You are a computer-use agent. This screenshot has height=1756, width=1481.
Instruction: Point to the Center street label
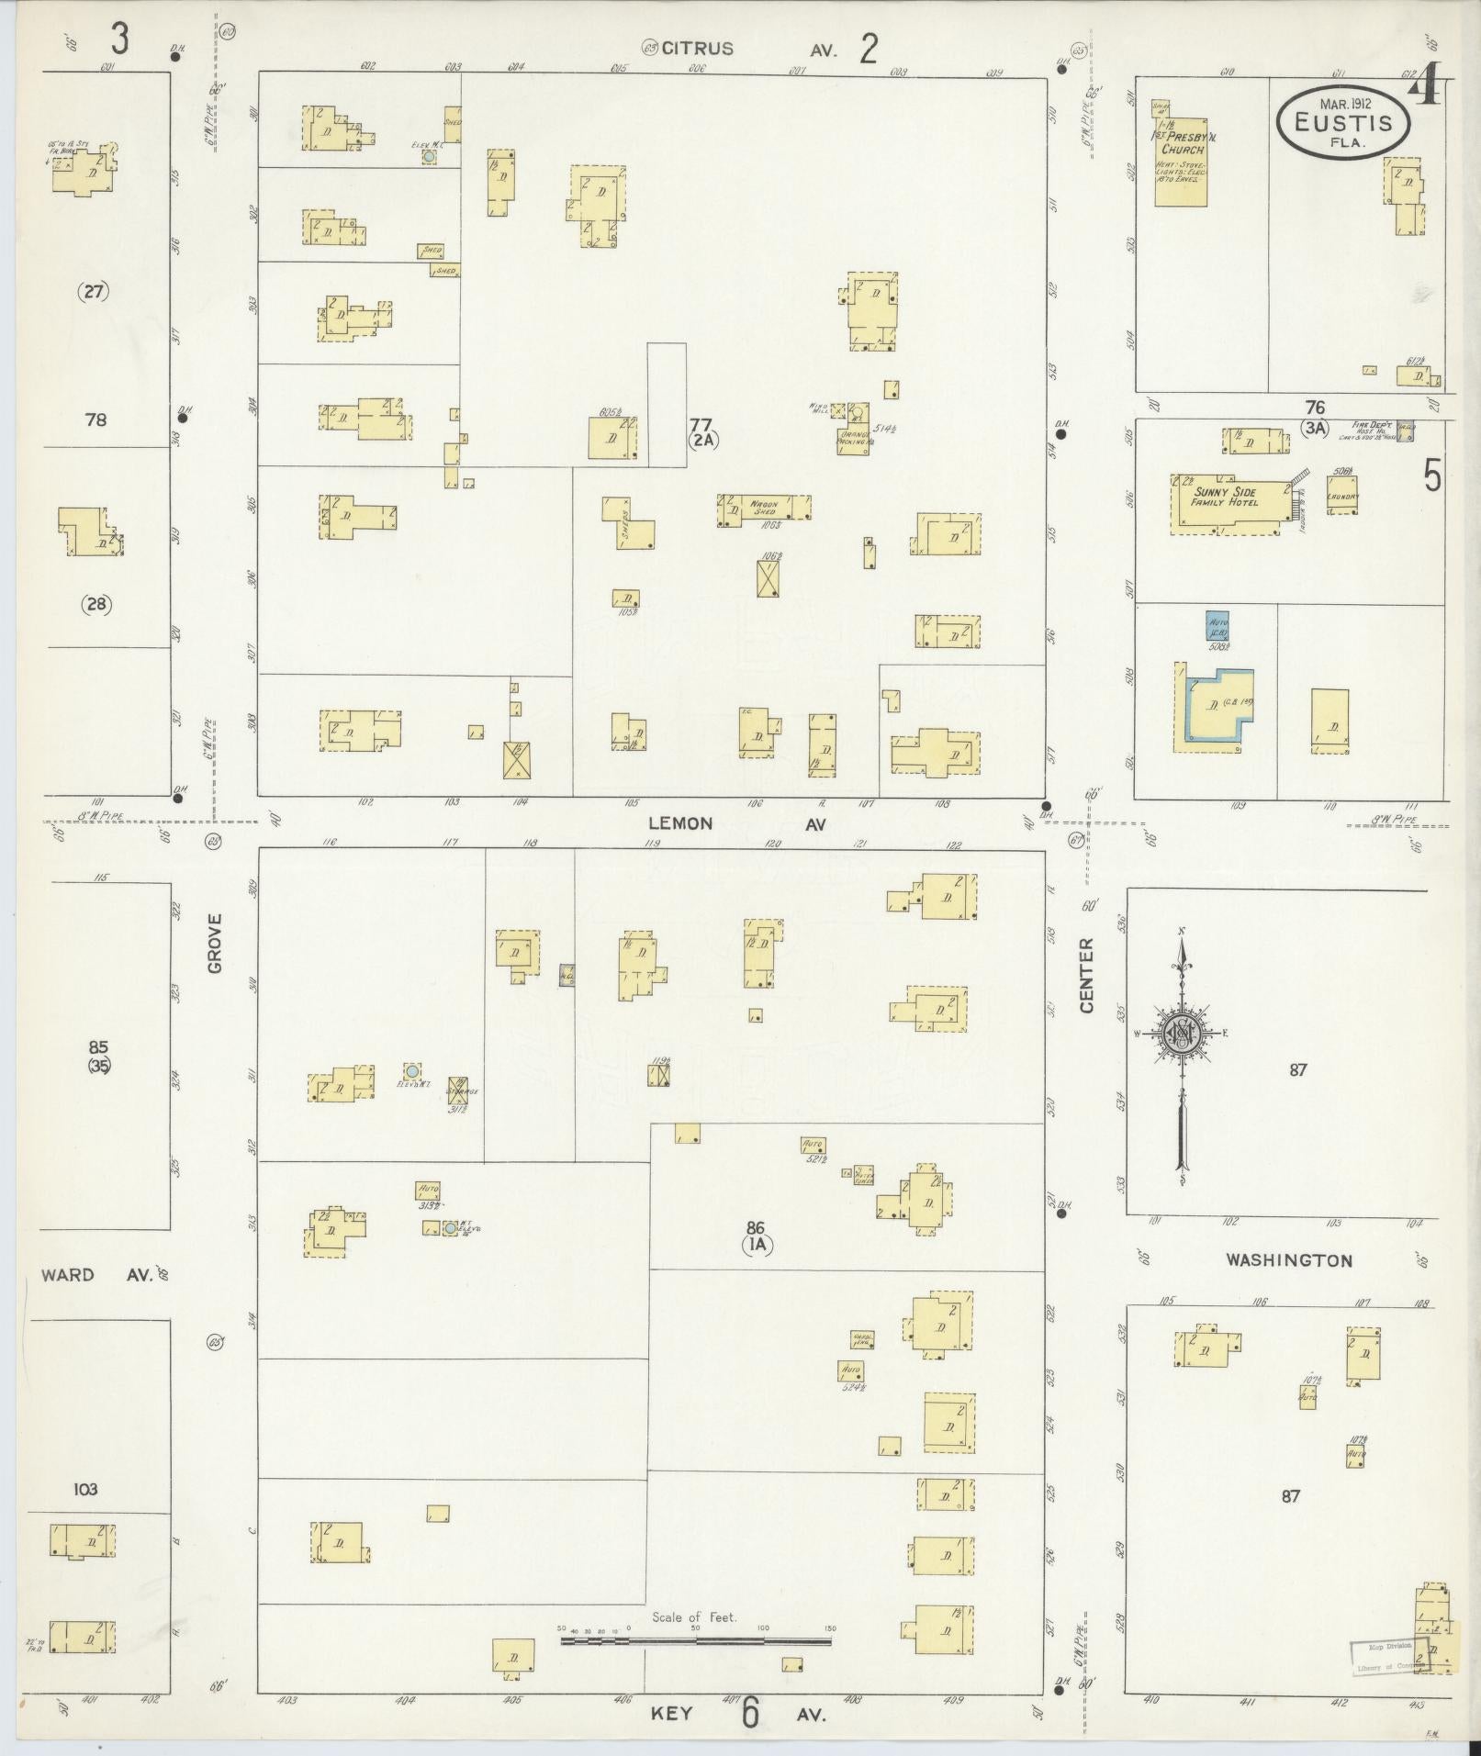tap(1087, 975)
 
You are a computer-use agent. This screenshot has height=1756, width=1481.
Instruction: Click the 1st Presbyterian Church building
tap(1181, 149)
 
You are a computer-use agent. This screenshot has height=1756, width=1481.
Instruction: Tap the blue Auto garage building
tap(1217, 628)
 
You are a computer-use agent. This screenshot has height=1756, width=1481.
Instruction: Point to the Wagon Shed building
tap(764, 510)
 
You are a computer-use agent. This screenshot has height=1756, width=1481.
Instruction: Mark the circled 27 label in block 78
tap(95, 293)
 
